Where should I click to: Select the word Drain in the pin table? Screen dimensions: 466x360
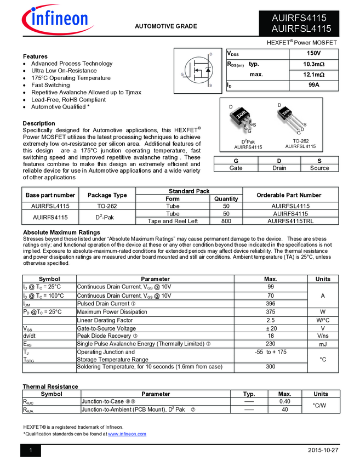(279, 168)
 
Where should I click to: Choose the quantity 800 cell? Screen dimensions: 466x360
(226, 221)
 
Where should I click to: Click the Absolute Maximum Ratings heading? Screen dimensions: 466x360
(61, 232)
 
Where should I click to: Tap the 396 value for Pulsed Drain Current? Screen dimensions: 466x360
(270, 304)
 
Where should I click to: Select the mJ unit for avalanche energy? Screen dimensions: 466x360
(323, 344)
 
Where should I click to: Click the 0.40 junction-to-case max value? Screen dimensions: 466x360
(285, 401)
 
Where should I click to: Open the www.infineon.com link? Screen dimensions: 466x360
(127, 434)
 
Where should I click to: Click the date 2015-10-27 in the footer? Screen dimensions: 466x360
(323, 450)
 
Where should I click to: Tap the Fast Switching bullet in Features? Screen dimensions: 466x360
(50, 85)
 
